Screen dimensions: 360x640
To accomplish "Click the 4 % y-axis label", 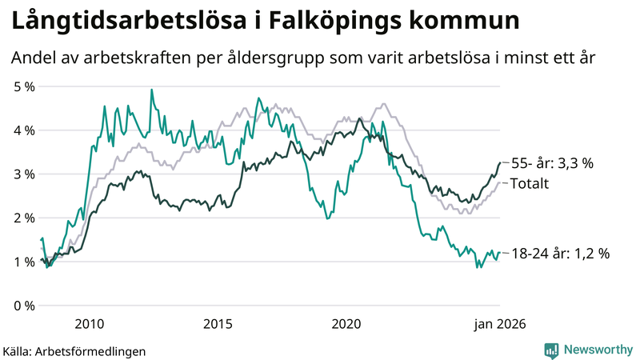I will click(x=23, y=130).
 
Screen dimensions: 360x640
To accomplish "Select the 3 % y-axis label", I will click(x=23, y=174).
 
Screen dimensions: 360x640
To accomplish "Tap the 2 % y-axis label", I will click(x=23, y=218).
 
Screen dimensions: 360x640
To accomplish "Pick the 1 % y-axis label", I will click(x=23, y=262).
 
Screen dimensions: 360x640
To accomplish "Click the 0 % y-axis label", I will click(x=23, y=306).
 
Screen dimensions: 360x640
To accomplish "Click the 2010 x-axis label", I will click(x=89, y=324).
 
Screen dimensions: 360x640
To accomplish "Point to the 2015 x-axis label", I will click(x=218, y=324).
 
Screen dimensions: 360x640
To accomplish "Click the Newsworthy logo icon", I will click(x=551, y=350).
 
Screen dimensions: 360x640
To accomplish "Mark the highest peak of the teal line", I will click(x=151, y=90).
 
